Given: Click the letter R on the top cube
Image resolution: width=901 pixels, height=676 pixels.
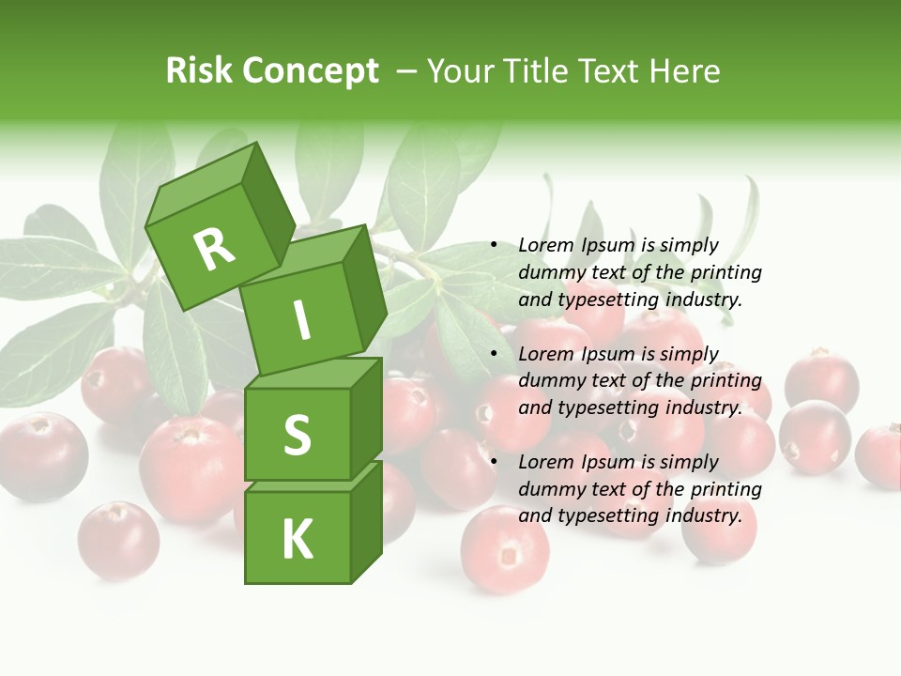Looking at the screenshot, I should click(x=214, y=249).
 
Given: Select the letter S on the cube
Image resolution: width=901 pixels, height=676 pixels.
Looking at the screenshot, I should click(x=297, y=435).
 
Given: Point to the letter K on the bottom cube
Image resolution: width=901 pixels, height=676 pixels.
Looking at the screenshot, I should click(x=297, y=539).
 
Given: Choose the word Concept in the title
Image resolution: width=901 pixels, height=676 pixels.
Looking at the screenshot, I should click(x=311, y=71).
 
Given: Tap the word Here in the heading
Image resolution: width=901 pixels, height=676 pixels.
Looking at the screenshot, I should click(x=684, y=70).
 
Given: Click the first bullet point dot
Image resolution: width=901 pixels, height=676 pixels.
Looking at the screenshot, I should click(x=494, y=246).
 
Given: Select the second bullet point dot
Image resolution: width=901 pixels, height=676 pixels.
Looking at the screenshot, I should click(x=494, y=354).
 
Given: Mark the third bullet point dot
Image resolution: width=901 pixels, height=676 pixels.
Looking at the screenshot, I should click(x=494, y=462).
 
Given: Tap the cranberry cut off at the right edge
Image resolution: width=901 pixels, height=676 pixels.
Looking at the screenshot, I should click(x=879, y=455).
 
